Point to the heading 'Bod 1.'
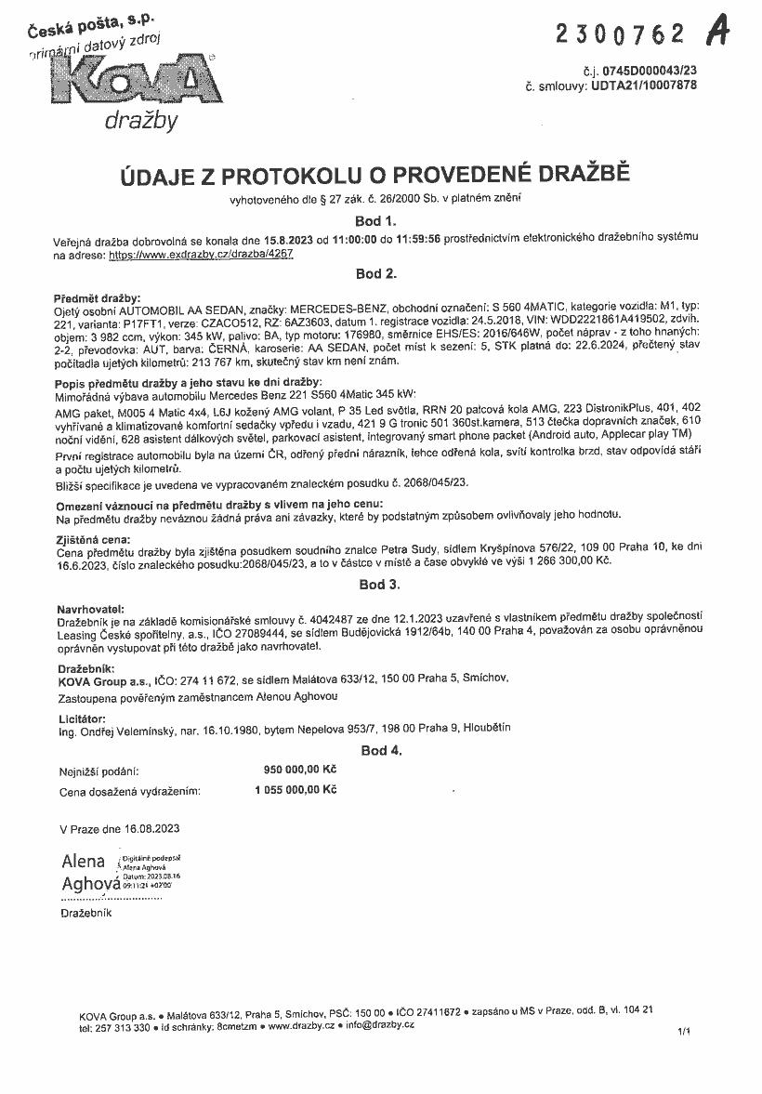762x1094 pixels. click(x=376, y=221)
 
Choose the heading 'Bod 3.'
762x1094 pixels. click(x=379, y=585)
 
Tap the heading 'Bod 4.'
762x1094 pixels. click(x=381, y=750)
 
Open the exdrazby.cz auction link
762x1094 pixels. click(x=201, y=253)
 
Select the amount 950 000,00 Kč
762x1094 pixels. click(x=299, y=770)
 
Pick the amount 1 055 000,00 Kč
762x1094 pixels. click(x=295, y=790)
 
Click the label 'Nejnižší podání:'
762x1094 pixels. click(x=99, y=771)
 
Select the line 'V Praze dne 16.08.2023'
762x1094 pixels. click(x=119, y=827)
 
